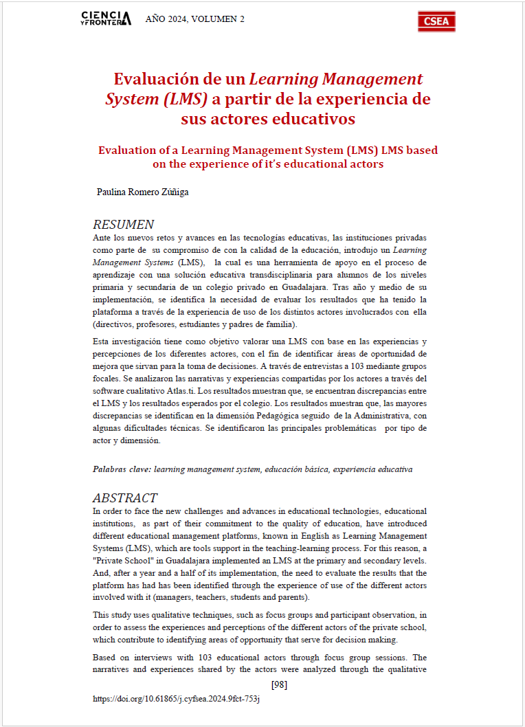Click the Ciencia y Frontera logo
coord(106,19)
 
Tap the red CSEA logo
coord(436,21)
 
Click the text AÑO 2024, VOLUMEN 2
coord(194,19)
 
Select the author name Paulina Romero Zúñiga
coord(143,192)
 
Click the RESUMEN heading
coord(123,225)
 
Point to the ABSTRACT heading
coord(125,498)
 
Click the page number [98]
coord(279,684)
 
